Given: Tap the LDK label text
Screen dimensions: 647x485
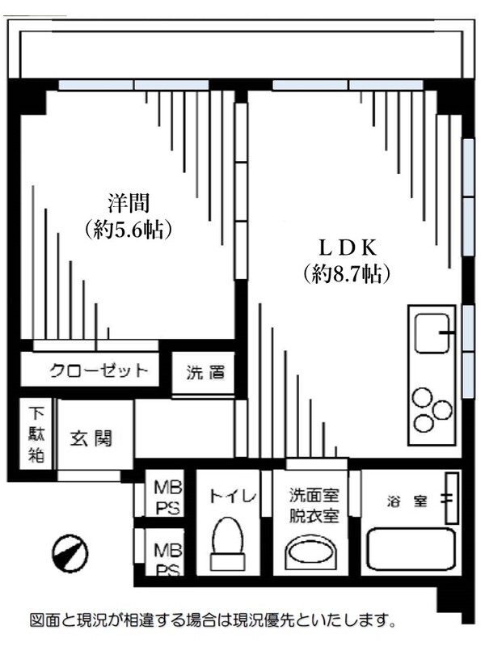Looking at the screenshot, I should (x=347, y=247).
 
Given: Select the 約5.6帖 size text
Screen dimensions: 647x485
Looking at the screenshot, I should (x=129, y=230).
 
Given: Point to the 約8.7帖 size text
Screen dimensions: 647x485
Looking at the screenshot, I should (x=347, y=274).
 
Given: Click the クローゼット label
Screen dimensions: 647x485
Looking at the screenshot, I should (x=99, y=371).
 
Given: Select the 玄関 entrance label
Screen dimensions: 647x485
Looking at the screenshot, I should (x=90, y=439).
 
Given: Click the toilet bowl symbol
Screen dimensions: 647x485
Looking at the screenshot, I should (x=226, y=545).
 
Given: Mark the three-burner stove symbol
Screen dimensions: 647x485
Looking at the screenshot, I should (x=432, y=409).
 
